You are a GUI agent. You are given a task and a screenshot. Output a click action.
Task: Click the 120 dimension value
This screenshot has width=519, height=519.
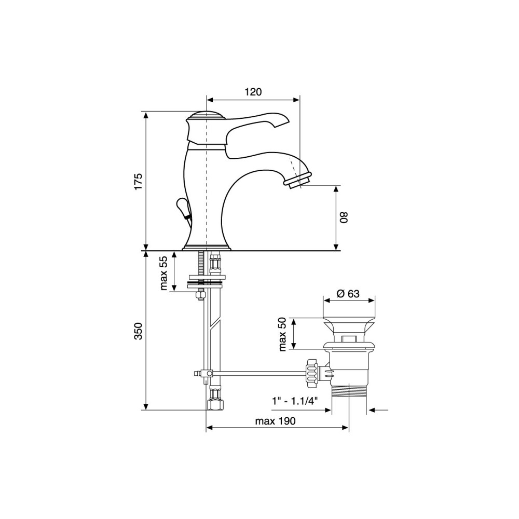click(x=253, y=92)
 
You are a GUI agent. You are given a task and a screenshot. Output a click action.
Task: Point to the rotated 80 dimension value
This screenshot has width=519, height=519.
click(x=344, y=217)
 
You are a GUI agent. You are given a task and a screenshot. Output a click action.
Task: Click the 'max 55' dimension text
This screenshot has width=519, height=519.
click(x=164, y=274)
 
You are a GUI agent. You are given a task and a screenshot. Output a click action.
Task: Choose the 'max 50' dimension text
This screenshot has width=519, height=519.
click(x=282, y=334)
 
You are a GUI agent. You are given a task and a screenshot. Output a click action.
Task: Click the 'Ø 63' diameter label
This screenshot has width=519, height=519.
click(x=348, y=294)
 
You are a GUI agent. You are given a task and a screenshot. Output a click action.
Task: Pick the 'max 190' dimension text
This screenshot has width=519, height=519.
click(x=276, y=421)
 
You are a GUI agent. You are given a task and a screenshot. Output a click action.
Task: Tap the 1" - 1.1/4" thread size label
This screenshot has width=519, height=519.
click(x=295, y=401)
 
